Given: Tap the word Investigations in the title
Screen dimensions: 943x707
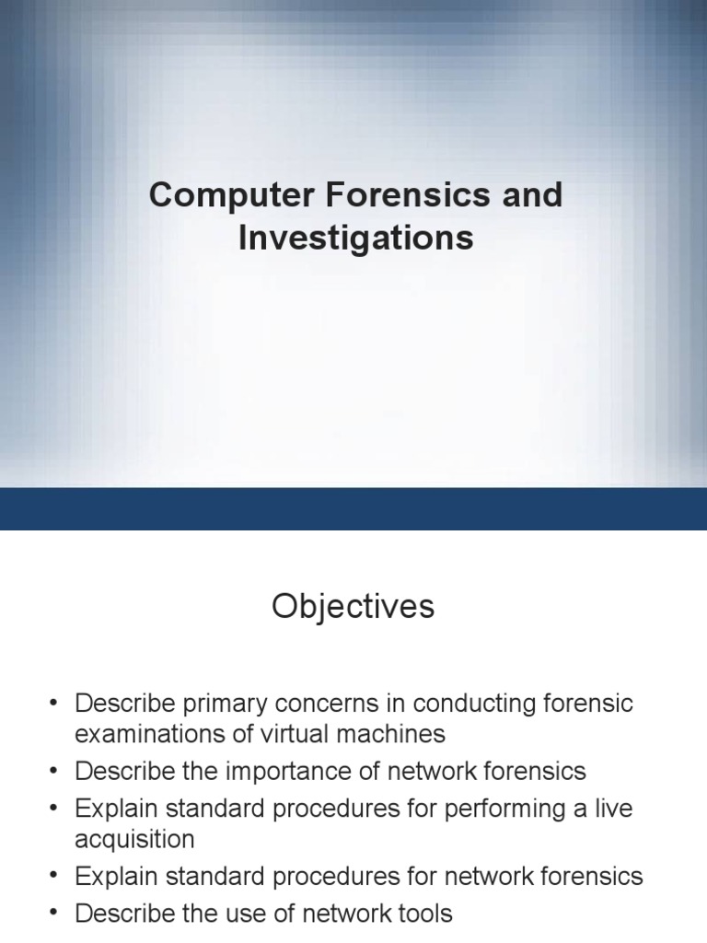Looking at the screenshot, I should [355, 239].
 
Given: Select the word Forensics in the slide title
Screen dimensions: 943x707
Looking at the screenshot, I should [411, 196].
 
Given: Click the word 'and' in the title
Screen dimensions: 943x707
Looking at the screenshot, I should [533, 196].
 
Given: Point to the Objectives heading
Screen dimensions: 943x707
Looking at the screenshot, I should [353, 608].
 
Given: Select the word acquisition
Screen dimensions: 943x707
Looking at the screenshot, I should [134, 840].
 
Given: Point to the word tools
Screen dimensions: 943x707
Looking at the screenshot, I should [421, 914].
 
